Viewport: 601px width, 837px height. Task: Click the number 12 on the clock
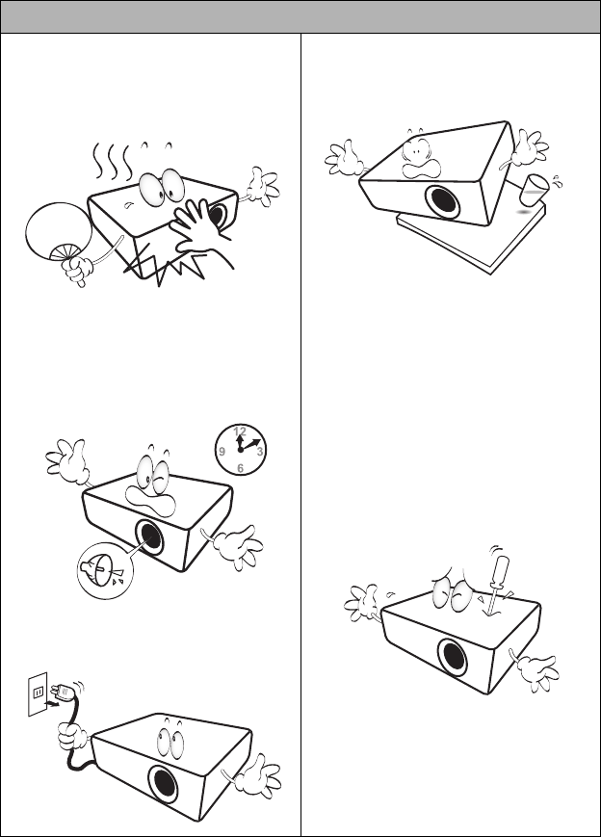pyautogui.click(x=240, y=432)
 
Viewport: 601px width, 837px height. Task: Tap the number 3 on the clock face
pyautogui.click(x=260, y=452)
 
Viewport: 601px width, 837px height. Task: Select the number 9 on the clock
pyautogui.click(x=222, y=452)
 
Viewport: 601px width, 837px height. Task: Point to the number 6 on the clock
pyautogui.click(x=240, y=468)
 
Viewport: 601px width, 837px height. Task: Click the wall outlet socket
pyautogui.click(x=38, y=693)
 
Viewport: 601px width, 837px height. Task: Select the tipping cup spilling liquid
pyautogui.click(x=534, y=190)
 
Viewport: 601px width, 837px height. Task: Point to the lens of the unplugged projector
pyautogui.click(x=164, y=784)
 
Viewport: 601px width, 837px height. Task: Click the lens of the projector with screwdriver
pyautogui.click(x=453, y=657)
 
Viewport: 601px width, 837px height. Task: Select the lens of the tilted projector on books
pyautogui.click(x=443, y=202)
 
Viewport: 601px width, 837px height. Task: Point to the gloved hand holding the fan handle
pyautogui.click(x=78, y=270)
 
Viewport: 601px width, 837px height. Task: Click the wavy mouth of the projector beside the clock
pyautogui.click(x=151, y=501)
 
